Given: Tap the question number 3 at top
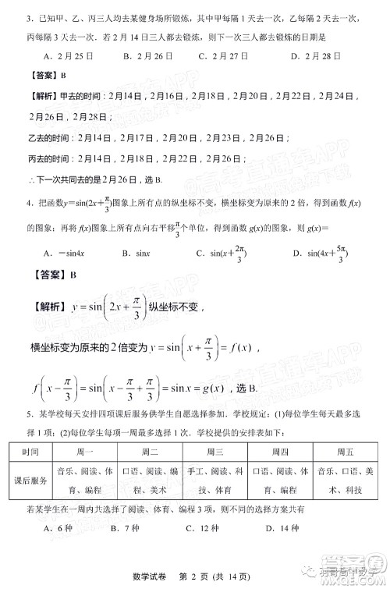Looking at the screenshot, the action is (x=28, y=17).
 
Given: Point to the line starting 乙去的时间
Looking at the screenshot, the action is (x=125, y=136).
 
